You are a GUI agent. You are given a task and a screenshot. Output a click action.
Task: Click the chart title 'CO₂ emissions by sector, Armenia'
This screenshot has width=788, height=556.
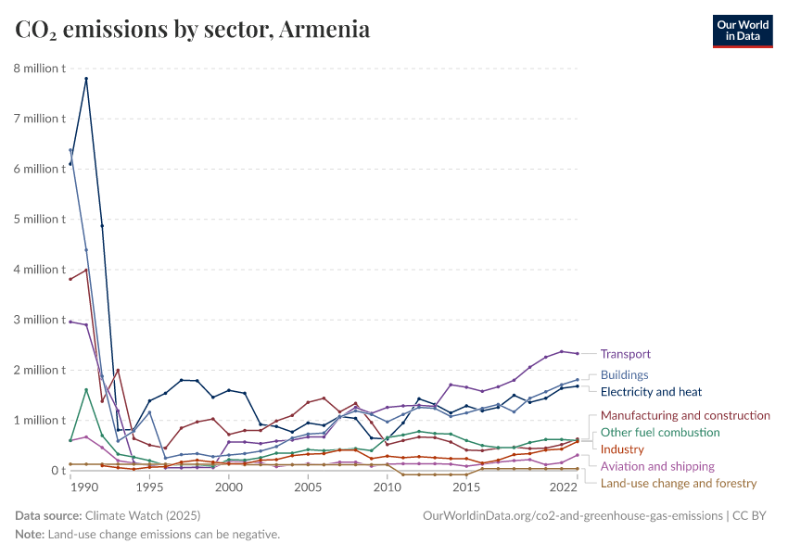[193, 30]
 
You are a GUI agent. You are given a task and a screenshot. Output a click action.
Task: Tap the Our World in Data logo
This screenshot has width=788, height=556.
[742, 31]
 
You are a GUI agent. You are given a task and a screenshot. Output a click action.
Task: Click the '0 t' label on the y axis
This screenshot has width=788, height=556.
[56, 471]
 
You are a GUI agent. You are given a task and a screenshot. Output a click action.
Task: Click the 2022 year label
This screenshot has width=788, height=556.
[563, 486]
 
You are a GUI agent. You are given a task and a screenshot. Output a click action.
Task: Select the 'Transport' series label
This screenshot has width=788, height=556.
[625, 354]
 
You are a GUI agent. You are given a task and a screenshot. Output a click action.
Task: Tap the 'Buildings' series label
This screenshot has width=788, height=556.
[624, 375]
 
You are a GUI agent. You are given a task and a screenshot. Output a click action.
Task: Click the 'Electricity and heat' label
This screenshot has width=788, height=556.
[651, 392]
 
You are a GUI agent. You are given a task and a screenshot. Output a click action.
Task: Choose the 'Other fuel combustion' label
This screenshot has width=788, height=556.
[659, 432]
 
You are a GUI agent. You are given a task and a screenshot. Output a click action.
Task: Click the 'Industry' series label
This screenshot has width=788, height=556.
[622, 449]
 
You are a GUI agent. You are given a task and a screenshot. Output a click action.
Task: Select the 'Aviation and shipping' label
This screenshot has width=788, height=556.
[657, 466]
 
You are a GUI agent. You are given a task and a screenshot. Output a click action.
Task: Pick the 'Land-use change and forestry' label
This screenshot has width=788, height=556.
[679, 483]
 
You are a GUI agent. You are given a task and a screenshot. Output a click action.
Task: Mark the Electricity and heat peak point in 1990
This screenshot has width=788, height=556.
[86, 78]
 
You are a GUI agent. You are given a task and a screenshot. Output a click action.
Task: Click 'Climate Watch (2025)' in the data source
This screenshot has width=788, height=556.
[142, 515]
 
